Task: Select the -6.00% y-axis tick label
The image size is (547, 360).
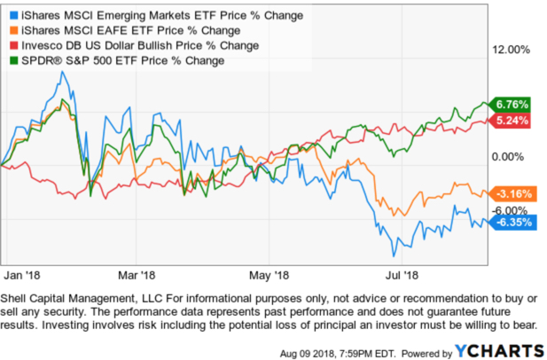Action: (x=512, y=210)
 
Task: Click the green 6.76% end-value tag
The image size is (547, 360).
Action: (x=511, y=104)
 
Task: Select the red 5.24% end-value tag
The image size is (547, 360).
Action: (x=511, y=120)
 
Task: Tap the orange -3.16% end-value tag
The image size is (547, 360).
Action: (x=511, y=193)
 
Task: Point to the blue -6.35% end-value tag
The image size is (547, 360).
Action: (x=511, y=223)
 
